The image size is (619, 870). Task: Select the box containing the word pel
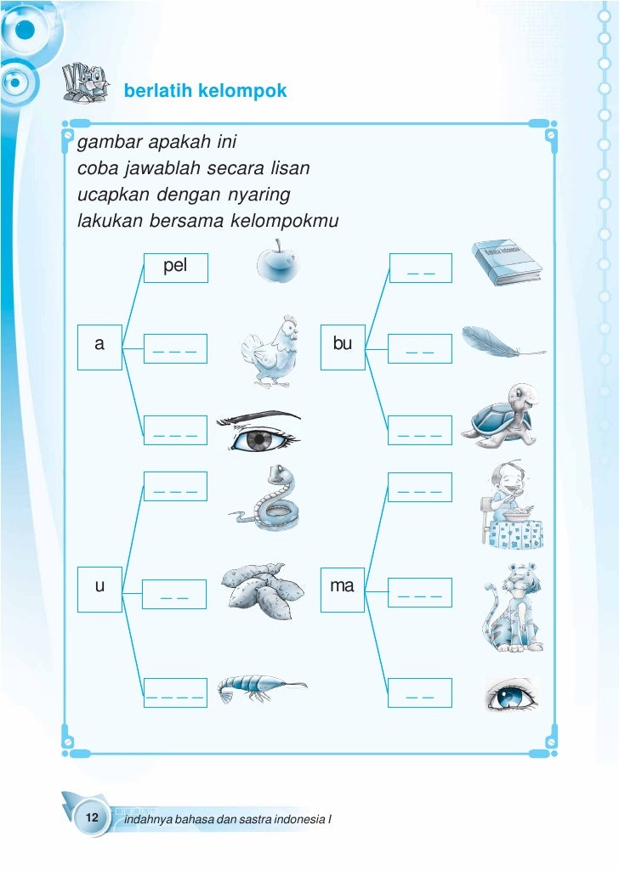pyautogui.click(x=175, y=268)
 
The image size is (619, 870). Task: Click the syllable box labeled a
pyautogui.click(x=100, y=346)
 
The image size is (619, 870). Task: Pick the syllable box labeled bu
pyautogui.click(x=343, y=346)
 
